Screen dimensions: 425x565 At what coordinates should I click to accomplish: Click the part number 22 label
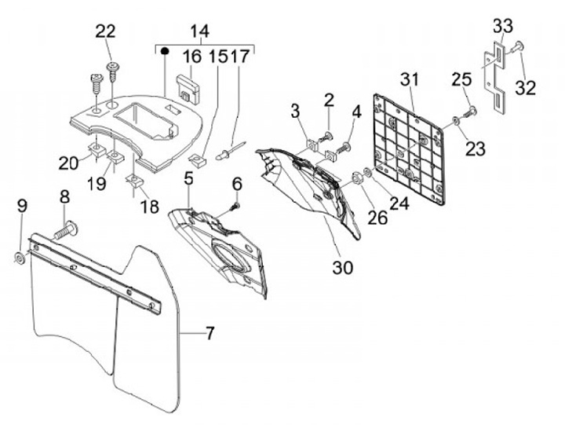click(105, 31)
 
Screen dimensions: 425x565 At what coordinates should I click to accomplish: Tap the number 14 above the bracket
click(199, 31)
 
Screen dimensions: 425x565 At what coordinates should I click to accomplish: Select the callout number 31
click(410, 79)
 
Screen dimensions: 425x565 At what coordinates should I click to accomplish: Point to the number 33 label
click(502, 25)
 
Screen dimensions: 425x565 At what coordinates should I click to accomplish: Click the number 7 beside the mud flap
click(210, 333)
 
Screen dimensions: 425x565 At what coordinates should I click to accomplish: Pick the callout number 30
click(342, 267)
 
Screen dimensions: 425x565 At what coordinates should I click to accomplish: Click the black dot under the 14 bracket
click(166, 53)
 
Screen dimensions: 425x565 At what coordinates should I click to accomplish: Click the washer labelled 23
click(456, 122)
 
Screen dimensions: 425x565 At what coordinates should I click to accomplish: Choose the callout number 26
click(377, 217)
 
